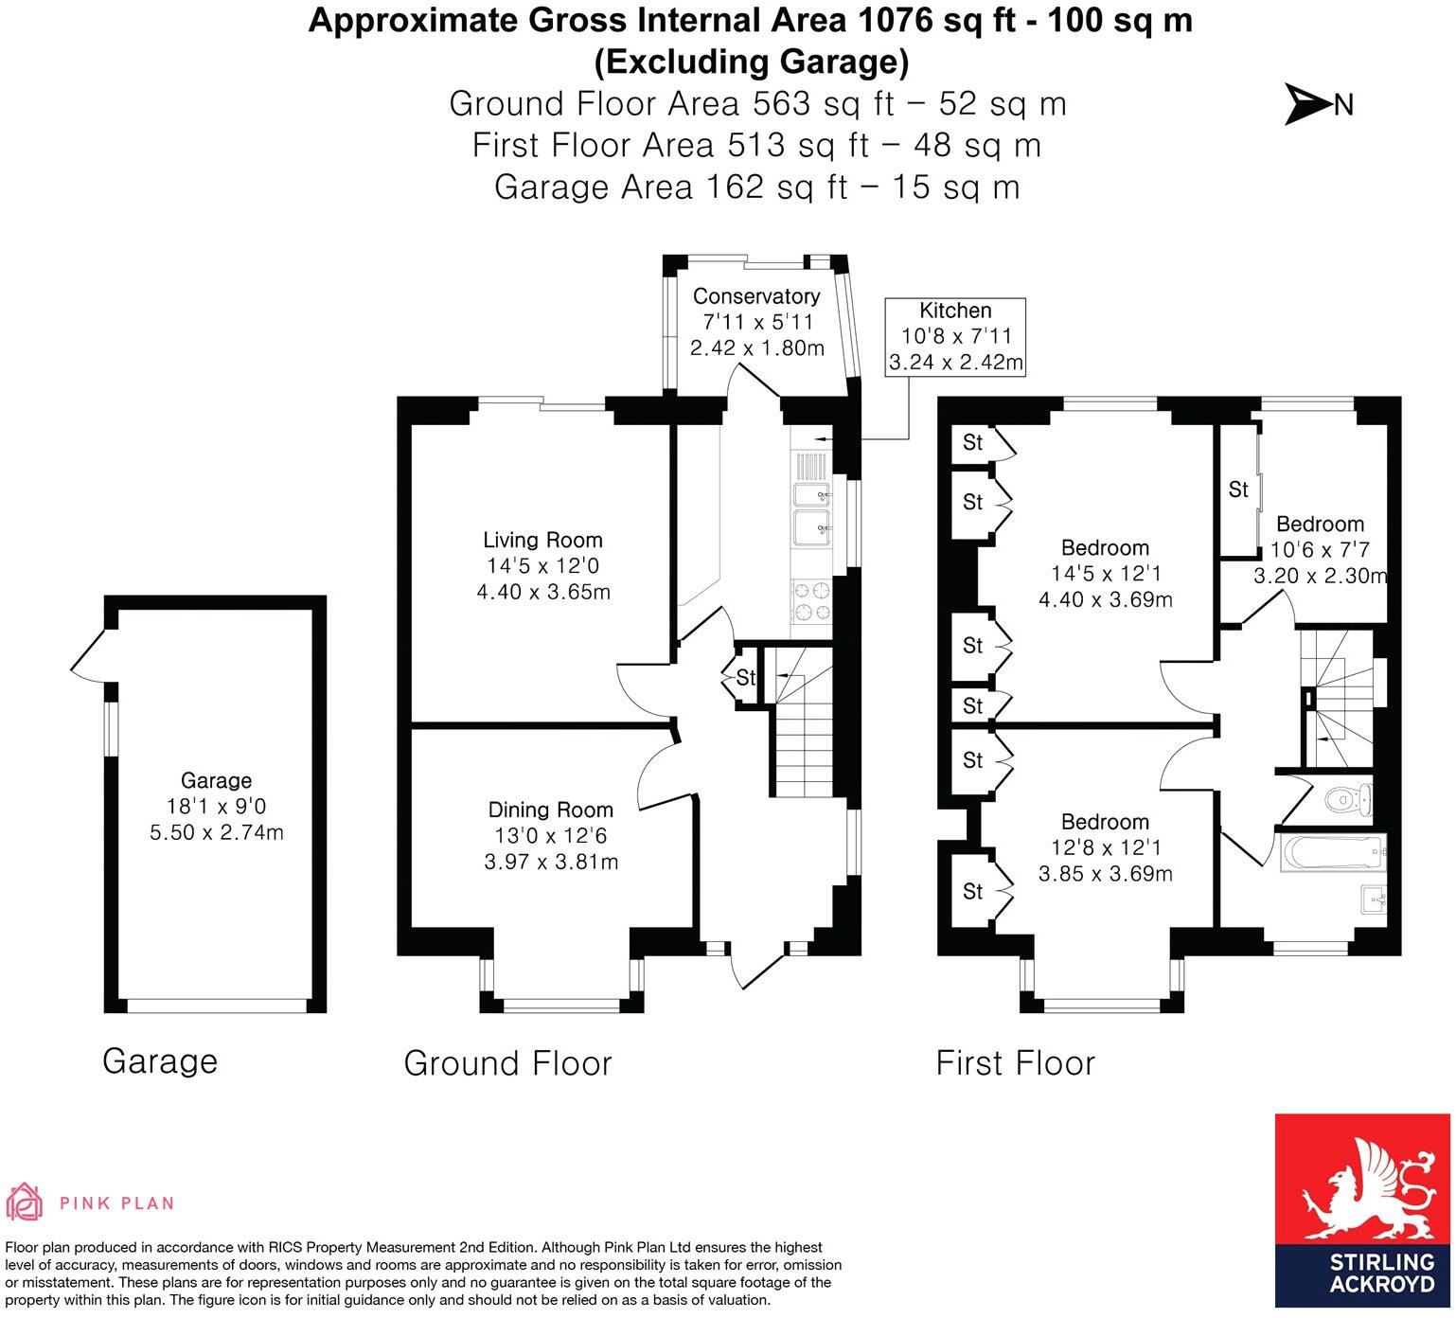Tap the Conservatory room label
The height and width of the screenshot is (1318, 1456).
click(x=756, y=296)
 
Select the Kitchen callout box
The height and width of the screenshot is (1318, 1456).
click(x=955, y=336)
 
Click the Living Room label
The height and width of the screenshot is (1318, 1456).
click(x=542, y=541)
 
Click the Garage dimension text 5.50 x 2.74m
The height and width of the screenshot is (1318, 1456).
click(x=217, y=832)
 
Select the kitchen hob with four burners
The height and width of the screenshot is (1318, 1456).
click(x=810, y=600)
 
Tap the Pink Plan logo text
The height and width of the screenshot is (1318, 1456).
click(x=116, y=1203)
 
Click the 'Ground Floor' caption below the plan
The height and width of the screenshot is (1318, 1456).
click(x=507, y=1063)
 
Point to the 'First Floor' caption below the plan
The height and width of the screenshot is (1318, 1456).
click(x=1015, y=1063)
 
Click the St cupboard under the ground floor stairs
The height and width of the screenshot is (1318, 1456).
click(x=746, y=677)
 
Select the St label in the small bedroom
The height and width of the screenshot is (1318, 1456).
click(x=1238, y=490)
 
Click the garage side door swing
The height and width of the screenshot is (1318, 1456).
click(x=90, y=655)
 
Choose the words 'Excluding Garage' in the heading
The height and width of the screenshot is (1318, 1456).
click(x=751, y=62)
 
